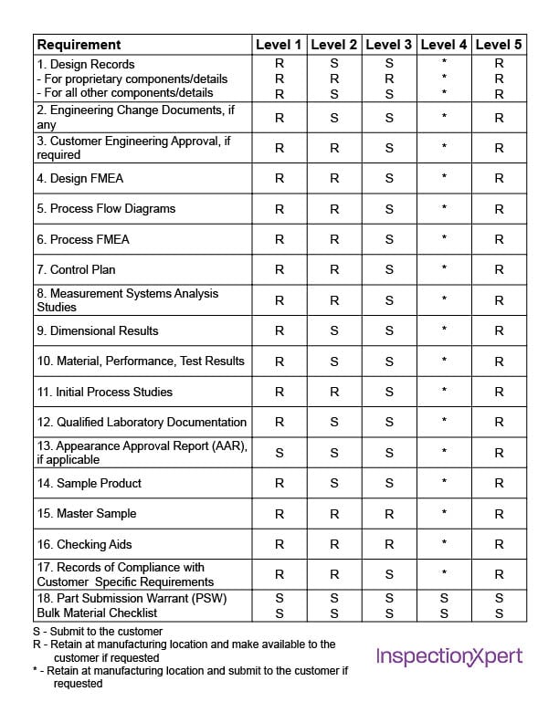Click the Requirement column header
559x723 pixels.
(x=79, y=45)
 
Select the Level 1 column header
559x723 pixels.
(x=279, y=45)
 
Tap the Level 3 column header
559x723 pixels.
(x=389, y=45)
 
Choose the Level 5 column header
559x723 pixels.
(x=499, y=45)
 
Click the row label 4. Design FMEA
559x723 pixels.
(x=80, y=179)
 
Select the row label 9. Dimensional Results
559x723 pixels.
(x=98, y=330)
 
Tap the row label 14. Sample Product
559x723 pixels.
(x=90, y=483)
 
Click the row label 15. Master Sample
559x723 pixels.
(x=89, y=514)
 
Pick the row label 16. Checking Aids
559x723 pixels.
(x=84, y=545)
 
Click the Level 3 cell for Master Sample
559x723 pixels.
(x=389, y=514)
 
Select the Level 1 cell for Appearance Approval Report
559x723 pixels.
(x=279, y=453)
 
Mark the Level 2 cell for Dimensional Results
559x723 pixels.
(x=334, y=331)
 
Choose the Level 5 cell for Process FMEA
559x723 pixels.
(x=499, y=240)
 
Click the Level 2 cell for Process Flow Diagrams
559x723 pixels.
(x=334, y=209)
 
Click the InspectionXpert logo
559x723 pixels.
(x=449, y=656)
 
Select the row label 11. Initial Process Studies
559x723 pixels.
(x=105, y=392)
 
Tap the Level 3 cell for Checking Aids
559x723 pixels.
(x=389, y=545)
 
